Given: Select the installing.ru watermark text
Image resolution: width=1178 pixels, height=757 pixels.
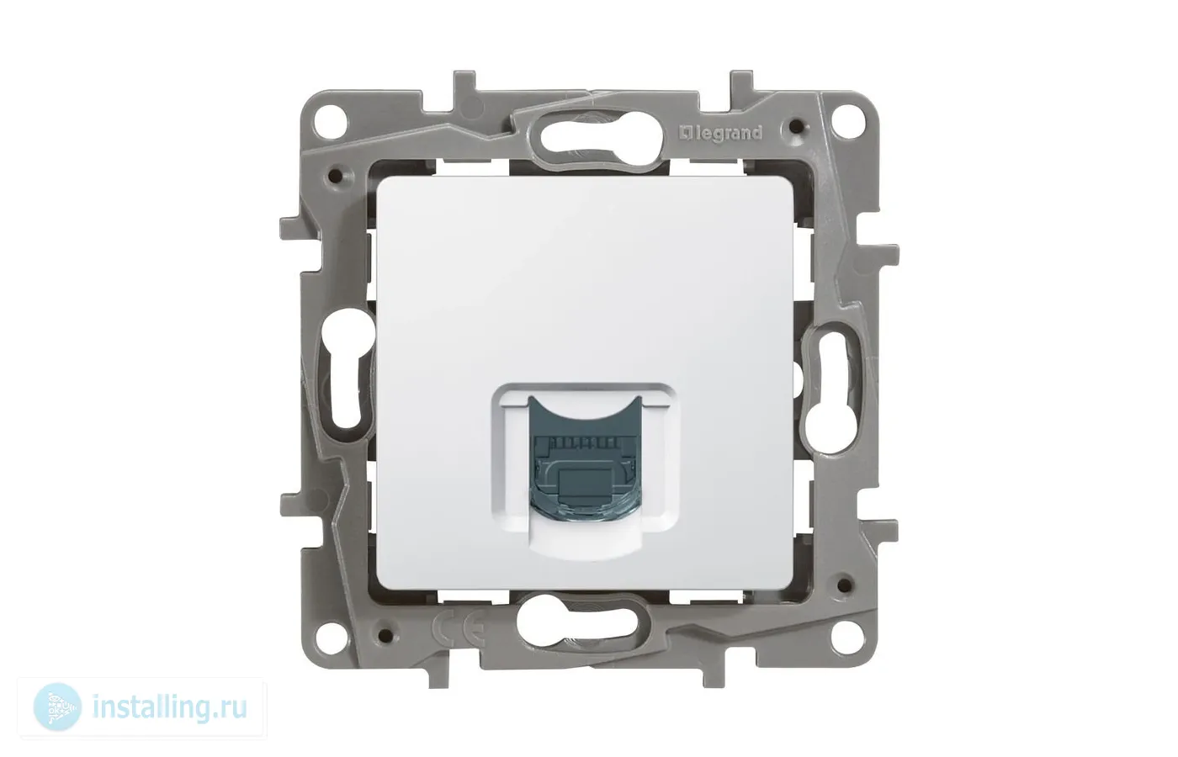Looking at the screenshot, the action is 169,708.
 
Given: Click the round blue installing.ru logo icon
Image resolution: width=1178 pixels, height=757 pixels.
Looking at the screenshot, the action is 57,707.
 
